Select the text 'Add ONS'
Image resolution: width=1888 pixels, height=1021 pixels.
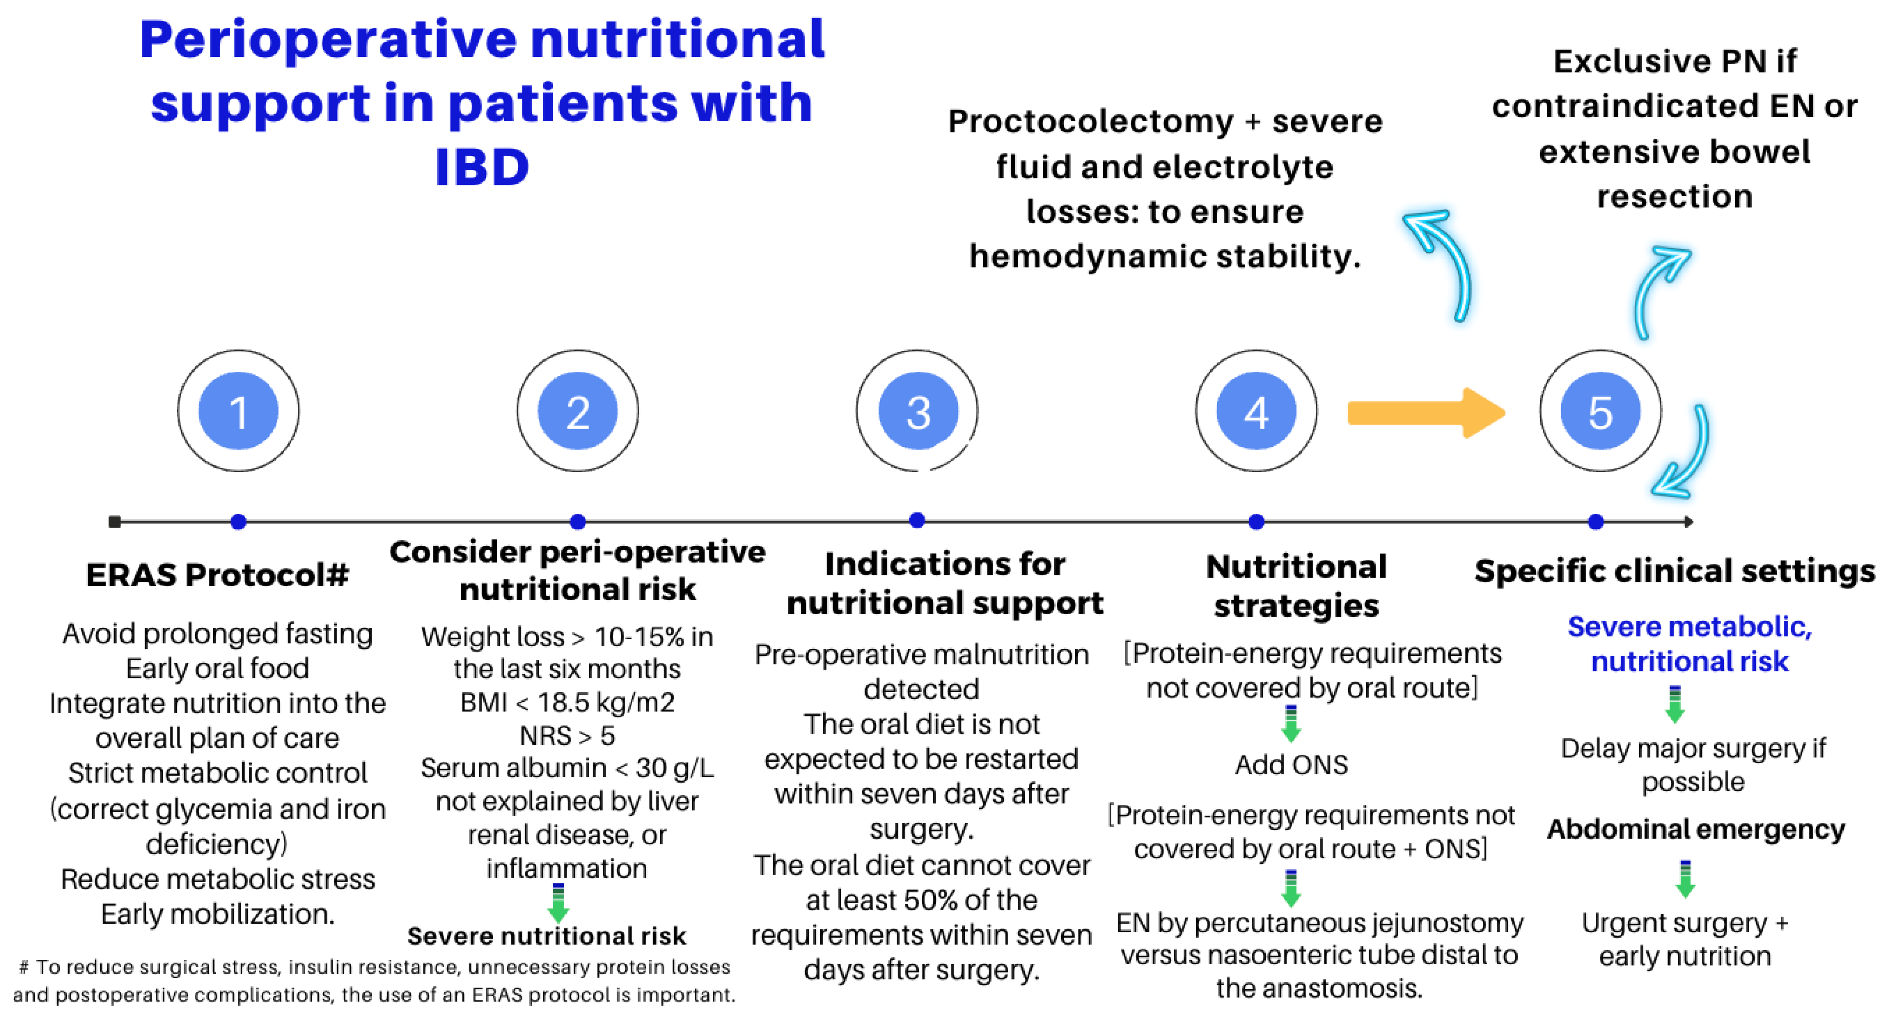pyautogui.click(x=1291, y=764)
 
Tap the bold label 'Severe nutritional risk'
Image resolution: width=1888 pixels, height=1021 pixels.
pyautogui.click(x=547, y=936)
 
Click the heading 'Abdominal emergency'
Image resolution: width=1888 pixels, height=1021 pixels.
pyautogui.click(x=1695, y=829)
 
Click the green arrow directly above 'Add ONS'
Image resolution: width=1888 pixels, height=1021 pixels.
pyautogui.click(x=1291, y=724)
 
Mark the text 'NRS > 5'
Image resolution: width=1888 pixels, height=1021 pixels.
pyautogui.click(x=567, y=735)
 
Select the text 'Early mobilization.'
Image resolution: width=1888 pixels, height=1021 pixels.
pyautogui.click(x=217, y=914)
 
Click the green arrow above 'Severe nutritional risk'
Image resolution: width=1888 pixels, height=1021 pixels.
pyautogui.click(x=558, y=902)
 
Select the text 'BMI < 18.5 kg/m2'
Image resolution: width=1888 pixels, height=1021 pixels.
pyautogui.click(x=567, y=702)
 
